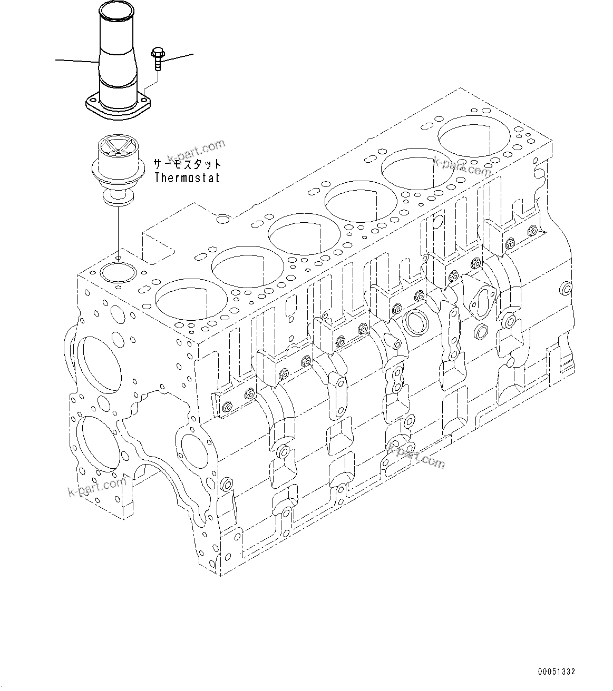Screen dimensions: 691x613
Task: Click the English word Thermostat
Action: (187, 177)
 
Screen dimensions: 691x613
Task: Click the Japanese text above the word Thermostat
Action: (187, 164)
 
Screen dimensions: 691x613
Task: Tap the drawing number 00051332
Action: (557, 672)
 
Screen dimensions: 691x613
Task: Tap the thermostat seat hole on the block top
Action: (118, 272)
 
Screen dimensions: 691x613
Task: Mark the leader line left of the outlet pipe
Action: (77, 61)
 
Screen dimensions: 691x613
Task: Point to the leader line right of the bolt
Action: (179, 57)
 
